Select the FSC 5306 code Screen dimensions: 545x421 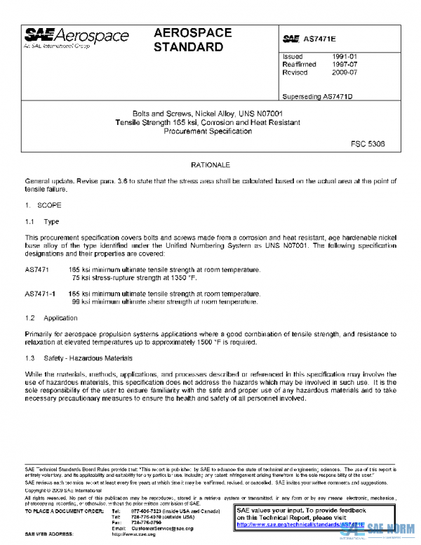[x=368, y=143]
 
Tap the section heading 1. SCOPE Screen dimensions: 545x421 [x=44, y=206]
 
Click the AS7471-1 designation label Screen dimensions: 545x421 [x=40, y=293]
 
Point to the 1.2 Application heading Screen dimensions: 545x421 [x=51, y=317]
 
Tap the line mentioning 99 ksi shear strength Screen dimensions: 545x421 [x=164, y=302]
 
